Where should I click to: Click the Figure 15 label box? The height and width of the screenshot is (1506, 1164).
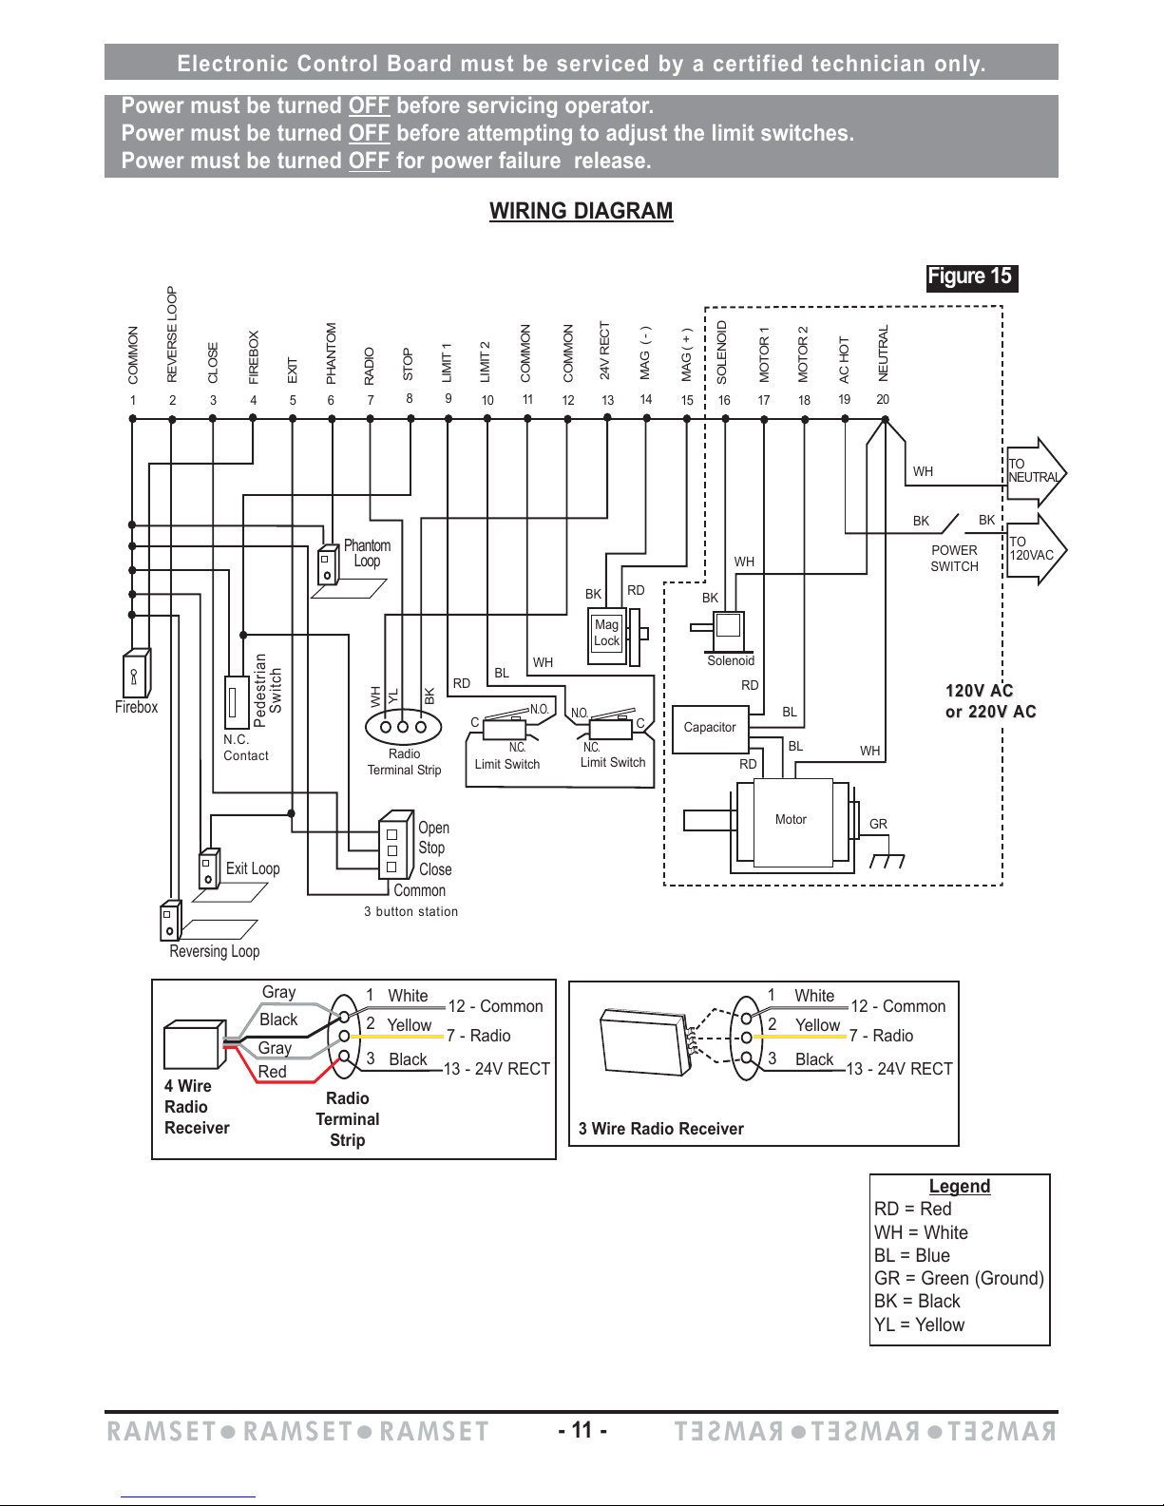[972, 277]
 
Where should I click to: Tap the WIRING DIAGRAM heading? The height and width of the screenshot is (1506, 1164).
[582, 211]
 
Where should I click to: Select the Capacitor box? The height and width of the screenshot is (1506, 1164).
[710, 729]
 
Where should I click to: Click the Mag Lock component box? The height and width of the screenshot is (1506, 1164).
[606, 634]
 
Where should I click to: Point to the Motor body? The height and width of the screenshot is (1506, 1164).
[792, 823]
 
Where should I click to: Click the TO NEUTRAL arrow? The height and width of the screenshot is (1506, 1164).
[1036, 472]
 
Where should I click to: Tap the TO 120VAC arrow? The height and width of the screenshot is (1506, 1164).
[1036, 549]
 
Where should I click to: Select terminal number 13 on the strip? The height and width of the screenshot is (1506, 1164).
[607, 400]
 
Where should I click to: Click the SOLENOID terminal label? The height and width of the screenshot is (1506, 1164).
[722, 353]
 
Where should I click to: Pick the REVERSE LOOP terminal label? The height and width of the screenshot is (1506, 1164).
[172, 334]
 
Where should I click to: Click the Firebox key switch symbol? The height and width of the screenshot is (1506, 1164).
[137, 673]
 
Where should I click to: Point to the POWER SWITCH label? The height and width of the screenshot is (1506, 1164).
[954, 558]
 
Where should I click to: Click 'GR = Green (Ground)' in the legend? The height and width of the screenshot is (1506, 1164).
[959, 1278]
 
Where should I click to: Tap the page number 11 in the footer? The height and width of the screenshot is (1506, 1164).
[582, 1430]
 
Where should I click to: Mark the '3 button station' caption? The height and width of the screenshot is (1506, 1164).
[410, 911]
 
